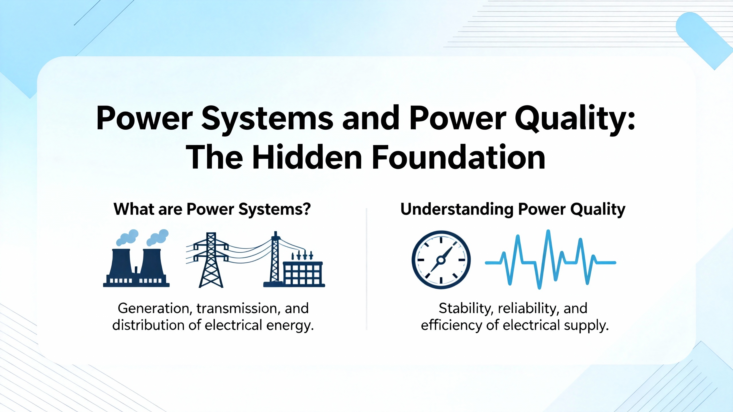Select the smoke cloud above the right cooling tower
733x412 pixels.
[157, 237]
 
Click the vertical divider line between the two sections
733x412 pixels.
[366, 269]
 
